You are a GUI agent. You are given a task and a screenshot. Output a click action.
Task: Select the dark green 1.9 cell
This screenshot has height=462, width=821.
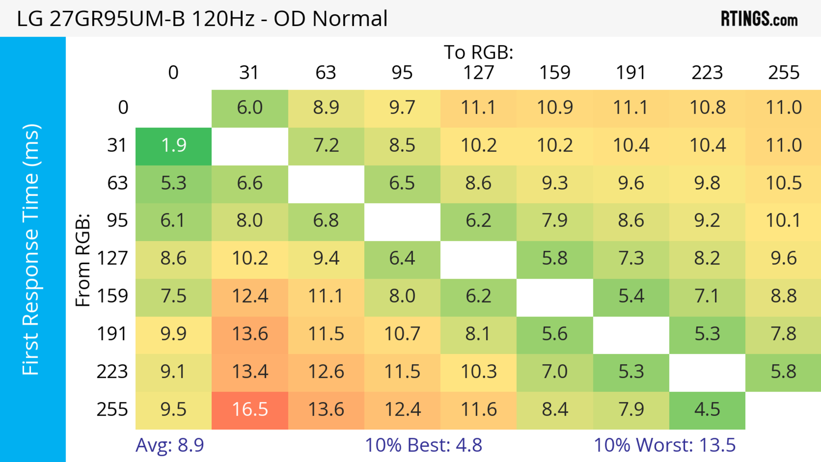173,146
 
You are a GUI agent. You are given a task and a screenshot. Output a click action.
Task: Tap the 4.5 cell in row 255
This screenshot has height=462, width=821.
707,410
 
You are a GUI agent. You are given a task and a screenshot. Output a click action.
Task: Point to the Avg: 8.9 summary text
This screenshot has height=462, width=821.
170,445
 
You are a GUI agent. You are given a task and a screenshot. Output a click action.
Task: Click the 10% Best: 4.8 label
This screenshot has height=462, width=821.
423,445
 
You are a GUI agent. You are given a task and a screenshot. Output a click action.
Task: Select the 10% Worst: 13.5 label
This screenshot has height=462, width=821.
664,445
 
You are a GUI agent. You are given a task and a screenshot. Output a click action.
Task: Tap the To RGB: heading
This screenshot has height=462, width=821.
478,52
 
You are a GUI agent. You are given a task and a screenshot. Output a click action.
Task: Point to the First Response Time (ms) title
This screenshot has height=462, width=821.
31,249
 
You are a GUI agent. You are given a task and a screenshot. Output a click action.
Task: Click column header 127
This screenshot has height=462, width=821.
478,73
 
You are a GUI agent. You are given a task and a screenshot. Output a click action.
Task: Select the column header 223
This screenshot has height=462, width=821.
707,73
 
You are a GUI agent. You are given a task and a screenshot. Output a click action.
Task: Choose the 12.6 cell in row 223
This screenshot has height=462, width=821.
326,372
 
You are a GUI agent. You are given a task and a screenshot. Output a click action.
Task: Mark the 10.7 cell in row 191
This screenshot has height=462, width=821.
402,334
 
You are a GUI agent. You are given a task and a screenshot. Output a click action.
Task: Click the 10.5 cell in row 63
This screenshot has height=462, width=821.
783,183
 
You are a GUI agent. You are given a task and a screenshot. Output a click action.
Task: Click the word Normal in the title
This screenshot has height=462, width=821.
350,18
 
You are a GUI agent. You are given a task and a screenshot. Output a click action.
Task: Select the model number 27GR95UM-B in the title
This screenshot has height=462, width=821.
117,18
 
